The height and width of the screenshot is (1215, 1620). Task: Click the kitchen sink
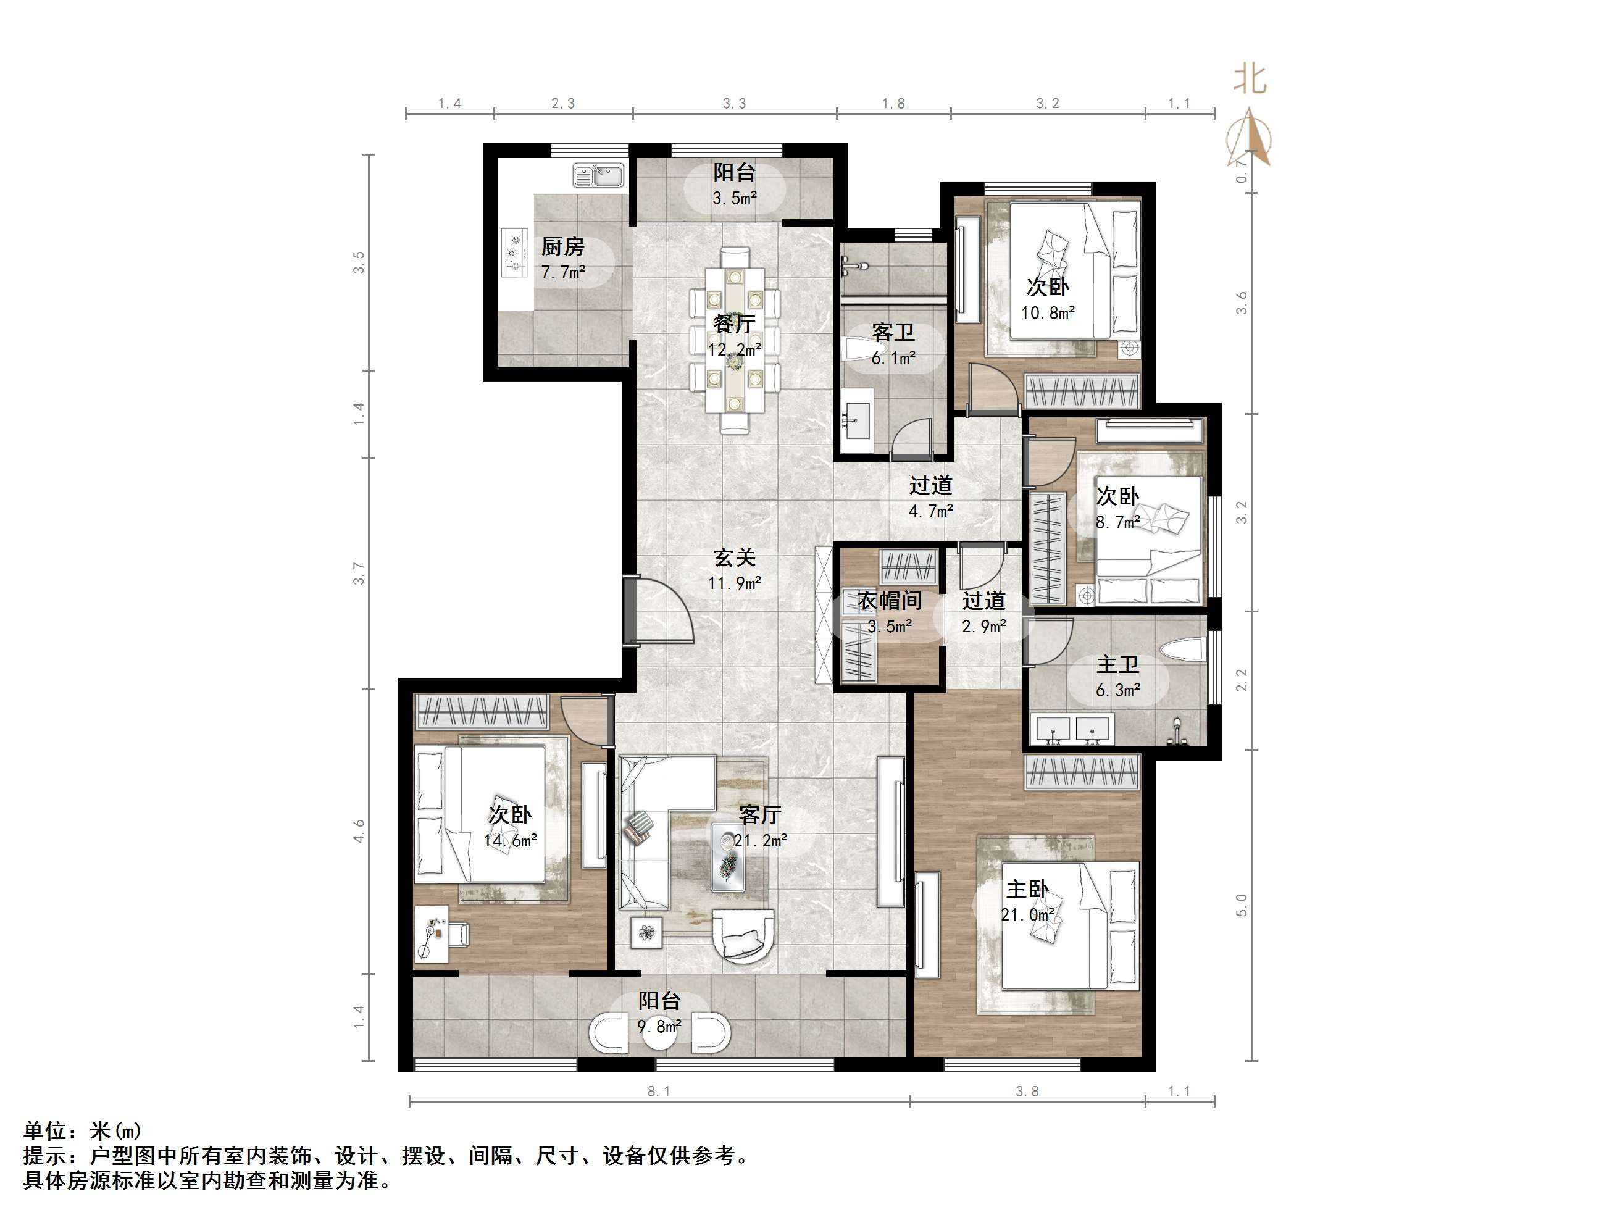point(598,176)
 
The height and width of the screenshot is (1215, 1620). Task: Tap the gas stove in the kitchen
point(515,253)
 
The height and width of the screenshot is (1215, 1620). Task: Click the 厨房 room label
point(562,246)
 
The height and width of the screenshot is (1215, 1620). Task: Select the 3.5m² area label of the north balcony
point(735,198)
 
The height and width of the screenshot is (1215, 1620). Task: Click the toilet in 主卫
point(1183,650)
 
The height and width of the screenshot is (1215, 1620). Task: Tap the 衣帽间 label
point(890,601)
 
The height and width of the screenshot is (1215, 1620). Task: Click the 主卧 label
point(1027,889)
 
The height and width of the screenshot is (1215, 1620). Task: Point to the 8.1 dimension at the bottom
point(658,1092)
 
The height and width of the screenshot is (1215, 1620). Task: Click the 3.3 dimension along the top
point(735,103)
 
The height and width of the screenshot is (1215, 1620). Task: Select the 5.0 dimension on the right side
point(1241,905)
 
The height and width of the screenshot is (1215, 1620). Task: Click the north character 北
point(1250,78)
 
